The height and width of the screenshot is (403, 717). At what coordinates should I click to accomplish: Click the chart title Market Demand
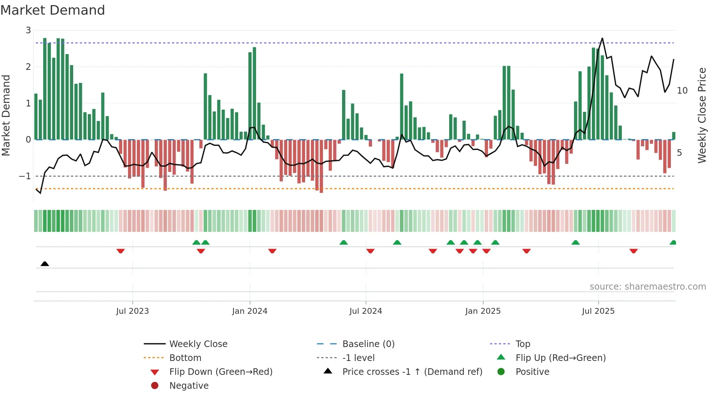click(53, 10)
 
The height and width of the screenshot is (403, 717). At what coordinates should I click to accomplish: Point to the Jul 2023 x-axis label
click(132, 311)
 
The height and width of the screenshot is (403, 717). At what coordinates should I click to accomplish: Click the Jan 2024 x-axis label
click(249, 311)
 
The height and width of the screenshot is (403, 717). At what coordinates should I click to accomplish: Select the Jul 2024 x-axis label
click(365, 311)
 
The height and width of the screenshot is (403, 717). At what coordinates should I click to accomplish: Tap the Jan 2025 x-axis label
click(483, 311)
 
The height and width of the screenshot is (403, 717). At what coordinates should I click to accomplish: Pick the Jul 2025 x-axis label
click(598, 311)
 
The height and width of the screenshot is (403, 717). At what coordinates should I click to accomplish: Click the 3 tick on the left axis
click(28, 30)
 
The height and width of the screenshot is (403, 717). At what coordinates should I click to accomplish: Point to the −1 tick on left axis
click(25, 176)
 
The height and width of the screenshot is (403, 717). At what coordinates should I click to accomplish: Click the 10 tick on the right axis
click(682, 91)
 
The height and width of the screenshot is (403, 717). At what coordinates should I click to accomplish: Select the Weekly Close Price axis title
click(702, 115)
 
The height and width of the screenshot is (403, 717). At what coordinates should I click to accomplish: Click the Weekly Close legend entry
click(198, 344)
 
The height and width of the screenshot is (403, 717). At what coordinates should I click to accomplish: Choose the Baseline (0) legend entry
click(368, 344)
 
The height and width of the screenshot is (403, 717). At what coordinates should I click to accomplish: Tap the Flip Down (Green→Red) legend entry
click(221, 372)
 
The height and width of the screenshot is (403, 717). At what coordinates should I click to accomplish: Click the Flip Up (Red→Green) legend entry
click(560, 358)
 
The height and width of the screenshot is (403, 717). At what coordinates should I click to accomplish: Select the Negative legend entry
click(189, 386)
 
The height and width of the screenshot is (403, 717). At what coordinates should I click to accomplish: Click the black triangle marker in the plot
click(45, 264)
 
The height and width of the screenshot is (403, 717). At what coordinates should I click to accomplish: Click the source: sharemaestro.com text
click(647, 287)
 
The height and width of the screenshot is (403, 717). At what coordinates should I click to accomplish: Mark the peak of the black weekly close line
click(602, 38)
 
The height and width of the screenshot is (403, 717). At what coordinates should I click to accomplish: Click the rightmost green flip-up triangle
click(673, 242)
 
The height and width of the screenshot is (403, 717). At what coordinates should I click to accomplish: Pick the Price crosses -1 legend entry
click(412, 372)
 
